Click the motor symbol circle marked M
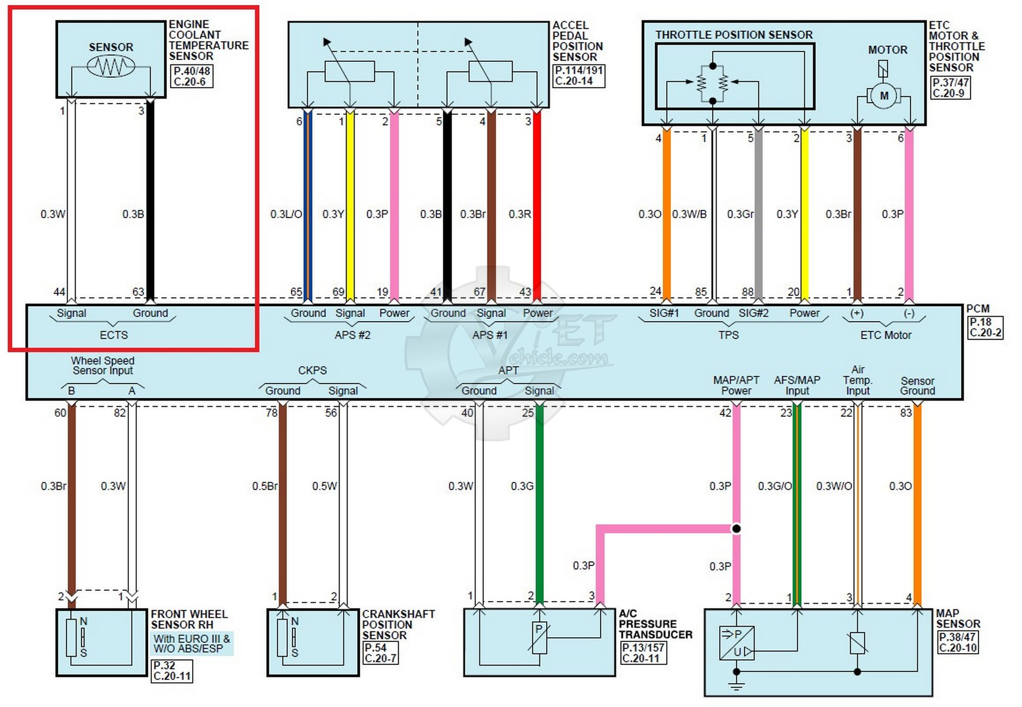click(x=884, y=96)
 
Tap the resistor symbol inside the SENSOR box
click(x=111, y=67)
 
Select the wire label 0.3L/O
click(x=286, y=215)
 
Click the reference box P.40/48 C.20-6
click(x=192, y=76)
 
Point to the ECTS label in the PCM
click(x=114, y=335)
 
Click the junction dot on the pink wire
click(x=736, y=529)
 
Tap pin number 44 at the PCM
click(x=59, y=292)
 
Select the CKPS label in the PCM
click(x=312, y=370)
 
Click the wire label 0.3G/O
click(x=774, y=486)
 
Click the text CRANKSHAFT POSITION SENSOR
click(x=398, y=624)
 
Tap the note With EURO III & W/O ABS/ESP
click(x=192, y=644)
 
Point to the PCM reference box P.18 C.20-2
click(x=984, y=327)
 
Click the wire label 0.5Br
click(x=265, y=486)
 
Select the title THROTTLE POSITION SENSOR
click(x=733, y=35)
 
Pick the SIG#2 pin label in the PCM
click(x=753, y=313)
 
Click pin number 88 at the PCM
click(x=747, y=292)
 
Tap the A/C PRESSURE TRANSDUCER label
click(x=655, y=624)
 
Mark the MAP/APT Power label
click(x=736, y=385)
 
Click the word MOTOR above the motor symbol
click(x=887, y=50)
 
